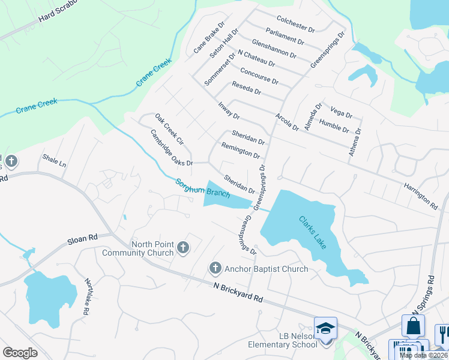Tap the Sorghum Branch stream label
click(202, 188)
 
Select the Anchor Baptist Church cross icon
click(215, 268)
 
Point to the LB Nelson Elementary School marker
click(326, 329)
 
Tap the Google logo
click(20, 353)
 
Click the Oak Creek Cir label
click(169, 128)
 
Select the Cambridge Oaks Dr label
click(171, 148)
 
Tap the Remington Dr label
click(240, 150)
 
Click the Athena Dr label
click(355, 142)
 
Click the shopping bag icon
click(413, 326)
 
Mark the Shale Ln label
click(54, 160)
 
